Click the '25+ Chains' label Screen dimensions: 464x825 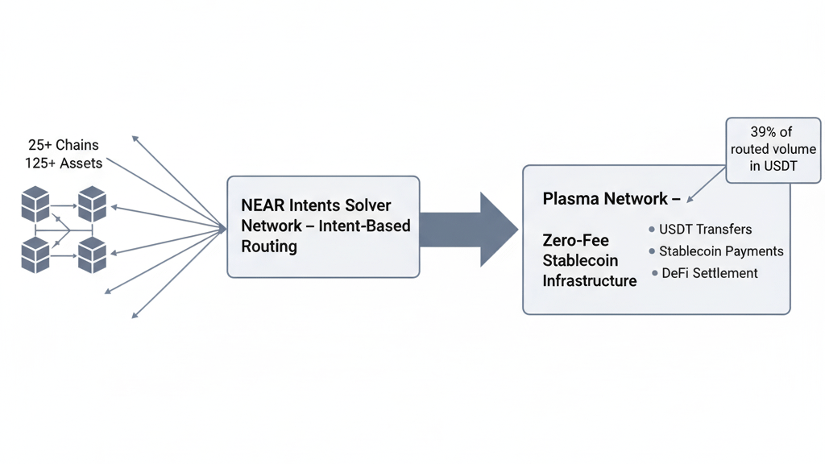click(x=64, y=145)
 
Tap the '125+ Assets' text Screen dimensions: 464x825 click(x=64, y=163)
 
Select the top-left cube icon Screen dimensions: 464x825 click(x=35, y=205)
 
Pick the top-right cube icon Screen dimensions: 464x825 click(x=92, y=205)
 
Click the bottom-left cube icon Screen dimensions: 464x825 click(x=35, y=254)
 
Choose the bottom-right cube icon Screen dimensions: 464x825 click(x=92, y=254)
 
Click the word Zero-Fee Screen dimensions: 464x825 click(x=575, y=240)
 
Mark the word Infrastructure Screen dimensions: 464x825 click(x=590, y=280)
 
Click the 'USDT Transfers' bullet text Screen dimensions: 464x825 click(x=705, y=230)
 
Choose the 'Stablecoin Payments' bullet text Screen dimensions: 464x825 click(x=721, y=251)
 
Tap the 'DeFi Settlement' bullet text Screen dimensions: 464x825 click(x=710, y=273)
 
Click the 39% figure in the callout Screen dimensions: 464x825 click(x=765, y=132)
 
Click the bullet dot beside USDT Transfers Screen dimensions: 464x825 click(x=652, y=230)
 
